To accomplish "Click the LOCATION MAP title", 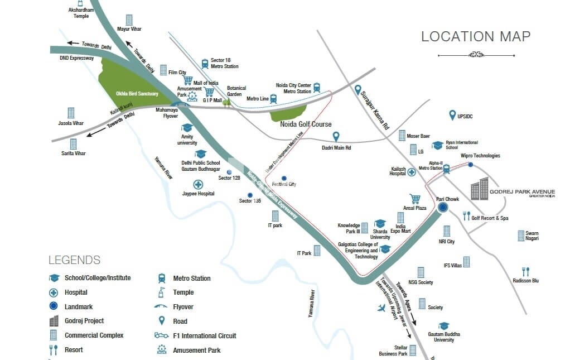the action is tap(475, 37).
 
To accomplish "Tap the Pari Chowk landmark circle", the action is tap(443, 208).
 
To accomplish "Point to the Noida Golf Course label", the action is tap(306, 124).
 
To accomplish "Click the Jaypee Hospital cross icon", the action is tap(197, 184).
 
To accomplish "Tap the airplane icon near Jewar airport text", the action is tap(382, 308).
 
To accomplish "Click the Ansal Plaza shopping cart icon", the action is tap(414, 199).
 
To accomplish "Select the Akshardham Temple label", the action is tap(81, 13).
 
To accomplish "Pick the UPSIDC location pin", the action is tap(452, 115).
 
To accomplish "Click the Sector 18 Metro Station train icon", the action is tap(205, 63).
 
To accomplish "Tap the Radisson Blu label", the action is tap(525, 281).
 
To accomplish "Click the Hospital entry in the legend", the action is tap(76, 292).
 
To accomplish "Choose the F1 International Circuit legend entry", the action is tap(204, 336).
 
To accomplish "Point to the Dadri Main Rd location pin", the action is tap(336, 137).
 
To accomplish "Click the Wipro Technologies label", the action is tap(480, 156).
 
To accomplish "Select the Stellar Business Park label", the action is tap(393, 350).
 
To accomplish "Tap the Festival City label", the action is tap(283, 184).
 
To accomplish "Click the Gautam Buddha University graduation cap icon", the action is tap(443, 325).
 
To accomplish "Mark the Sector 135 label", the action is tap(250, 201).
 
